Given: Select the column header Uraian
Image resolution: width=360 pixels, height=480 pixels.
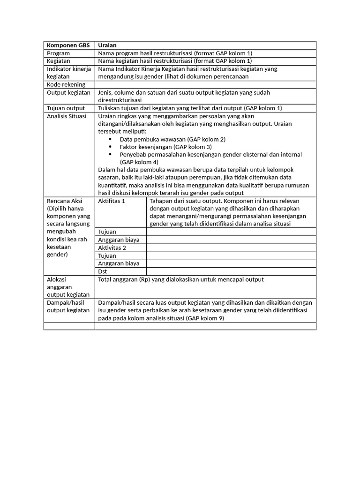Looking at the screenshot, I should coord(107,45).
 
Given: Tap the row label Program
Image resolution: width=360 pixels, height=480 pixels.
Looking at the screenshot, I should coord(58,53).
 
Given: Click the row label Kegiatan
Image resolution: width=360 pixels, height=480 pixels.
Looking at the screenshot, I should coord(59,61).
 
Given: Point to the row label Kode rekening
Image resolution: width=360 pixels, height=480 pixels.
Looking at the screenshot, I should coord(66,84).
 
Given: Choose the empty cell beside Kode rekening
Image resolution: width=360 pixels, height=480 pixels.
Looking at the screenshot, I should coord(205,84).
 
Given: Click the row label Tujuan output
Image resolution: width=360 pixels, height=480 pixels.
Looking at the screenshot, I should coord(66,108).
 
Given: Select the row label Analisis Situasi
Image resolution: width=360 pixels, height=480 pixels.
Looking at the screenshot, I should coord(67,116).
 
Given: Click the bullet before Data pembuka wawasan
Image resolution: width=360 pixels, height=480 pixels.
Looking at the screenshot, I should coord(110,139).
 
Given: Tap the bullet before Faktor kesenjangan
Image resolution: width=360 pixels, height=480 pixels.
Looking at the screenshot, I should coord(110,147).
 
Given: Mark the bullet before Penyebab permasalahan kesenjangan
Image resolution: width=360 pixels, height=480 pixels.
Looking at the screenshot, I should coord(110,154).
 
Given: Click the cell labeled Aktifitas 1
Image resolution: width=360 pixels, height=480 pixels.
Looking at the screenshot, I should coord(112,201).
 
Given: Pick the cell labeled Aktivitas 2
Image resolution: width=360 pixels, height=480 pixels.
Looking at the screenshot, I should coord(112,247).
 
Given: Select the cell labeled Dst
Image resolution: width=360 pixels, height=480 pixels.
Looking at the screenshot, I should coord(103,271).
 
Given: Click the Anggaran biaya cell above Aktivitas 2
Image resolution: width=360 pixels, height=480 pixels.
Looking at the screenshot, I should coord(119,240).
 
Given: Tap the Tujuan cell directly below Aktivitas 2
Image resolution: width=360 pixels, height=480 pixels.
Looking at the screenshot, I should coord(107,255).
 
